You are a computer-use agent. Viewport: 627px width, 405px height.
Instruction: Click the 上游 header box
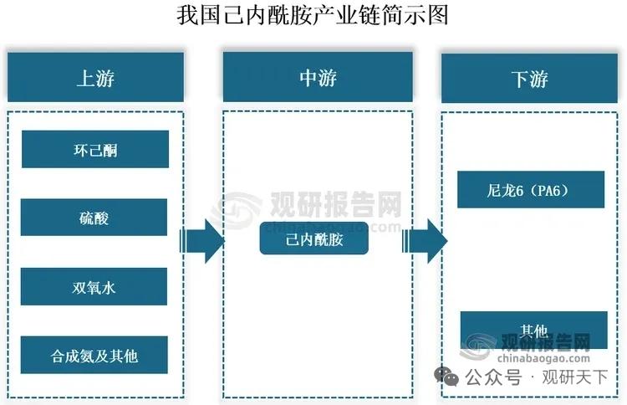(95, 78)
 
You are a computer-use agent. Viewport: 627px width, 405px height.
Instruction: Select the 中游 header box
(318, 78)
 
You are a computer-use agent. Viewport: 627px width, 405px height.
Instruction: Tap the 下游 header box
(529, 79)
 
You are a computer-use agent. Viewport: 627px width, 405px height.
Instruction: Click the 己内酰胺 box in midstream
(314, 240)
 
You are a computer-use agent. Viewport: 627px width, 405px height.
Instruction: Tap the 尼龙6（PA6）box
(531, 190)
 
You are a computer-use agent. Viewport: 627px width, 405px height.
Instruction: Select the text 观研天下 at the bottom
(576, 378)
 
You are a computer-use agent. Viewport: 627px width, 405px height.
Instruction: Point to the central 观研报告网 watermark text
(335, 203)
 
